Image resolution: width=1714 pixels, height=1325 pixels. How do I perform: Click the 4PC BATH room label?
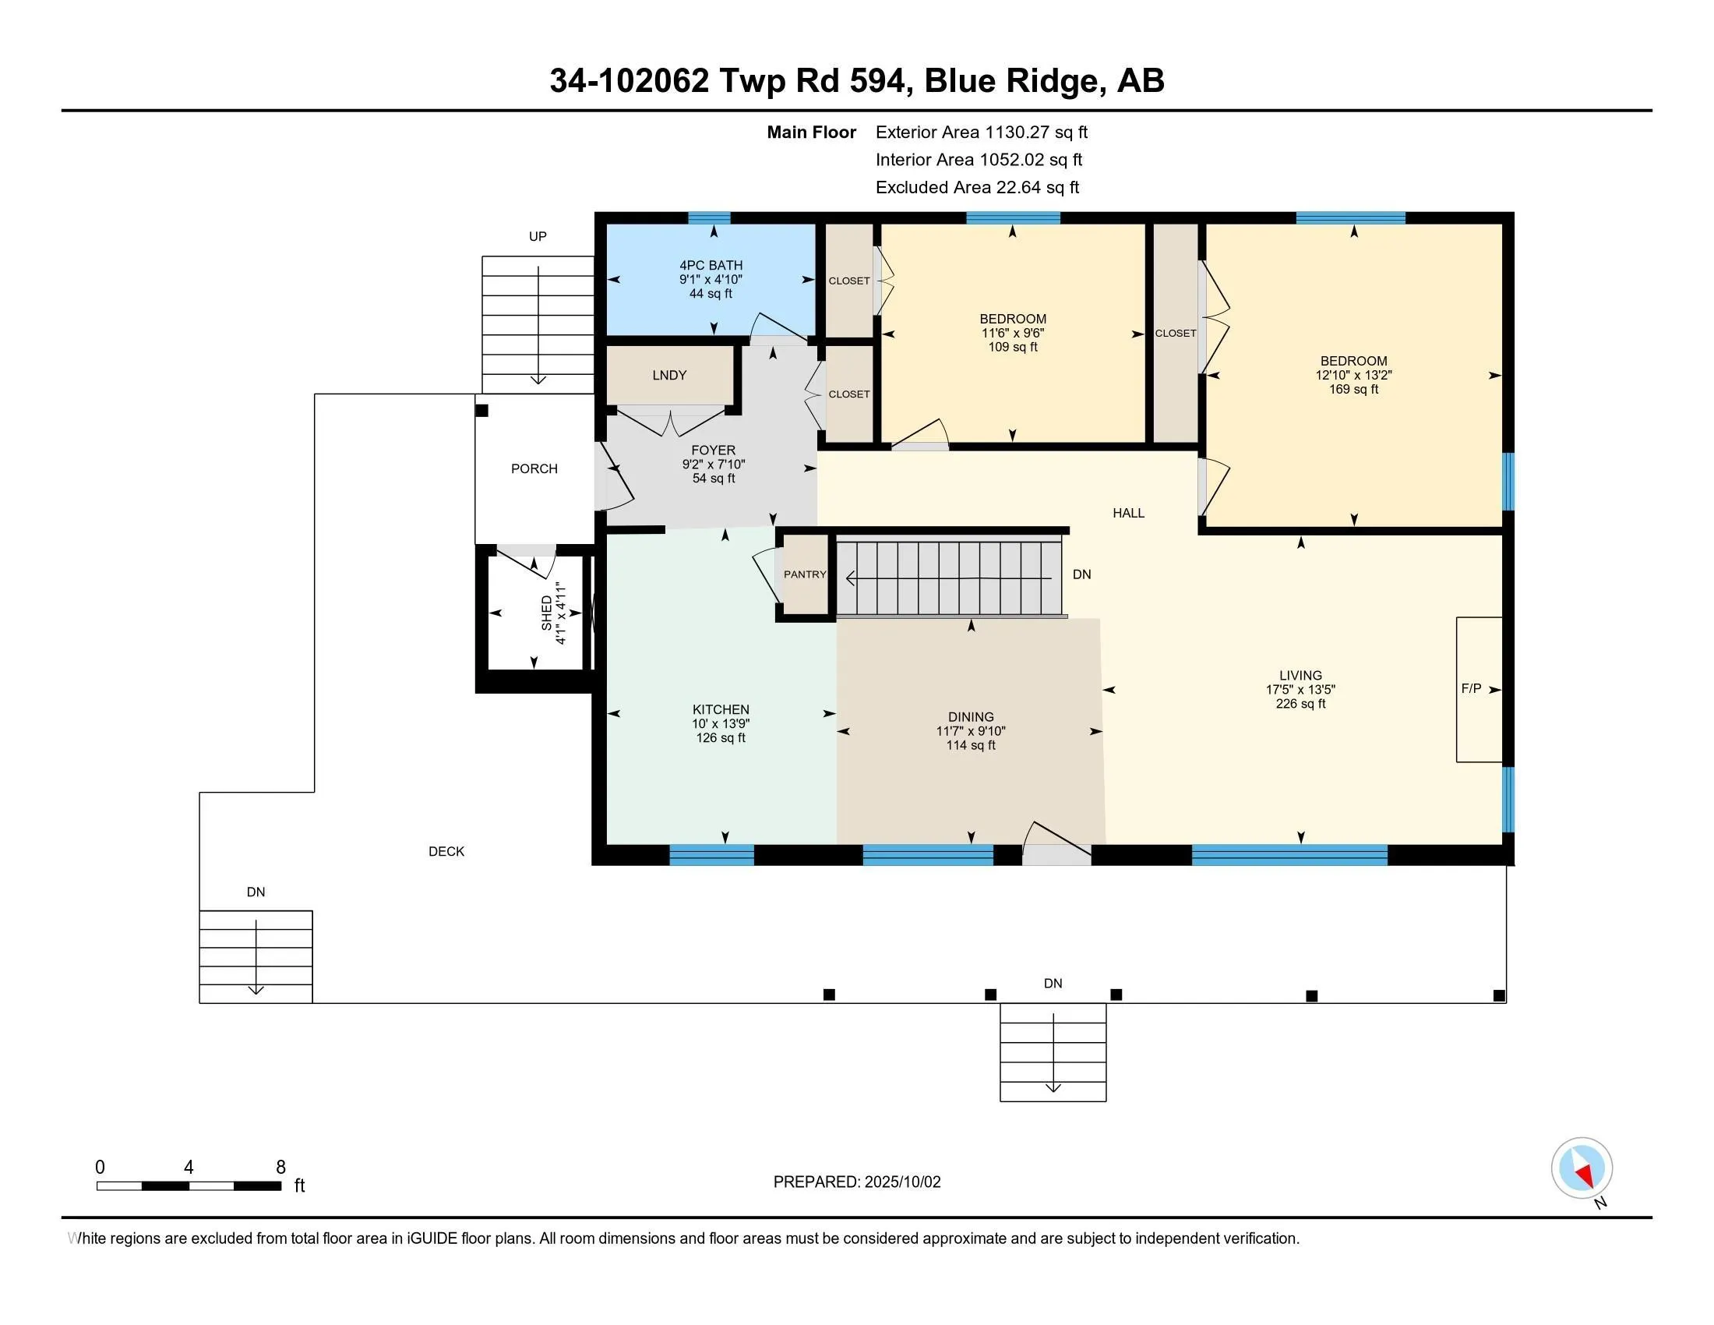tap(711, 265)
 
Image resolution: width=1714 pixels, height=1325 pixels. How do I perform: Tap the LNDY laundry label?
tap(669, 375)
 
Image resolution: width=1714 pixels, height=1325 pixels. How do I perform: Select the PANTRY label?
tap(806, 574)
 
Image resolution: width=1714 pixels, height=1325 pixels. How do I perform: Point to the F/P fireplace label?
tap(1472, 688)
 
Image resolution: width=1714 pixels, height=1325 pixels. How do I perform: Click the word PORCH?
tap(534, 468)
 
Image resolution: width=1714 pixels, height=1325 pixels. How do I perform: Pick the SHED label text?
tap(547, 613)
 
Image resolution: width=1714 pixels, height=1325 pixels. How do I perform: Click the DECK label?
tap(446, 852)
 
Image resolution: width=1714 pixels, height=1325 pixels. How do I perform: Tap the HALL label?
tap(1129, 514)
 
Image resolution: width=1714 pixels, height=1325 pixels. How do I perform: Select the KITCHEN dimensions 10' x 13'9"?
tap(721, 724)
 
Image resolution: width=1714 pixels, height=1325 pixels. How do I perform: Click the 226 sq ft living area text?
tap(1300, 703)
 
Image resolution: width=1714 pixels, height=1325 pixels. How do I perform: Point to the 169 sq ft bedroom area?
tap(1354, 390)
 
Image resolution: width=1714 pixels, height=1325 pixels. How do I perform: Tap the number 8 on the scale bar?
tap(281, 1168)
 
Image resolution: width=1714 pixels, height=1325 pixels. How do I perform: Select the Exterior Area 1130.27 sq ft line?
tap(982, 132)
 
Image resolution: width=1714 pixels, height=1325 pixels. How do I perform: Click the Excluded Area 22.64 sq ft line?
tap(978, 188)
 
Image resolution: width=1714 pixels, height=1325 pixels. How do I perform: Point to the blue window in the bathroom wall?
tap(710, 218)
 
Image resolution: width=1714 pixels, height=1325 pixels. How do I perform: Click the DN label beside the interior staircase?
tap(1081, 574)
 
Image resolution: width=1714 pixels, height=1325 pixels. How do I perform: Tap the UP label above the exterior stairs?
tap(538, 236)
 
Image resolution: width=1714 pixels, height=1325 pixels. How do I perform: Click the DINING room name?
tap(971, 716)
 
